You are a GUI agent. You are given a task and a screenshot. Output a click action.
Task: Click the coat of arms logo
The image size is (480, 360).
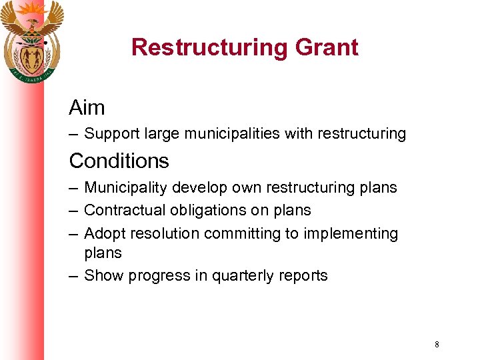click(31, 40)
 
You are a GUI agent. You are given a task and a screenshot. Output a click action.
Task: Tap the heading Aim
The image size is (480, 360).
click(87, 107)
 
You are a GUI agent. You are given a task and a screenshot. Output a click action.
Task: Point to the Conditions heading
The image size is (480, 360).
click(119, 161)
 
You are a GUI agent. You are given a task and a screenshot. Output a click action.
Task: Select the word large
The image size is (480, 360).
click(160, 134)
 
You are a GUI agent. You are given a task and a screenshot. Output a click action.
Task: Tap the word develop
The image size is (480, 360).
click(193, 188)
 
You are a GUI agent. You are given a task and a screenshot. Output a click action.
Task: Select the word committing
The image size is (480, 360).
click(239, 233)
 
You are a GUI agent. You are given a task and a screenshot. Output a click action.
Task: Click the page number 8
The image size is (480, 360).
click(437, 345)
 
